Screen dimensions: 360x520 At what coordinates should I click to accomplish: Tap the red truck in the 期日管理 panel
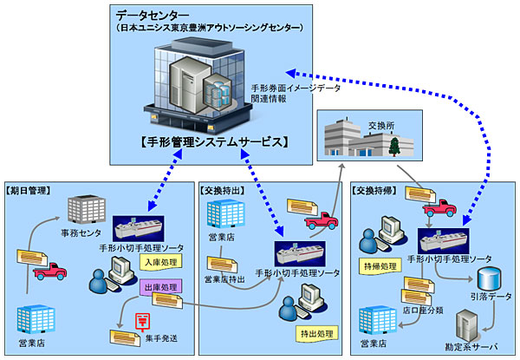click(49, 272)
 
